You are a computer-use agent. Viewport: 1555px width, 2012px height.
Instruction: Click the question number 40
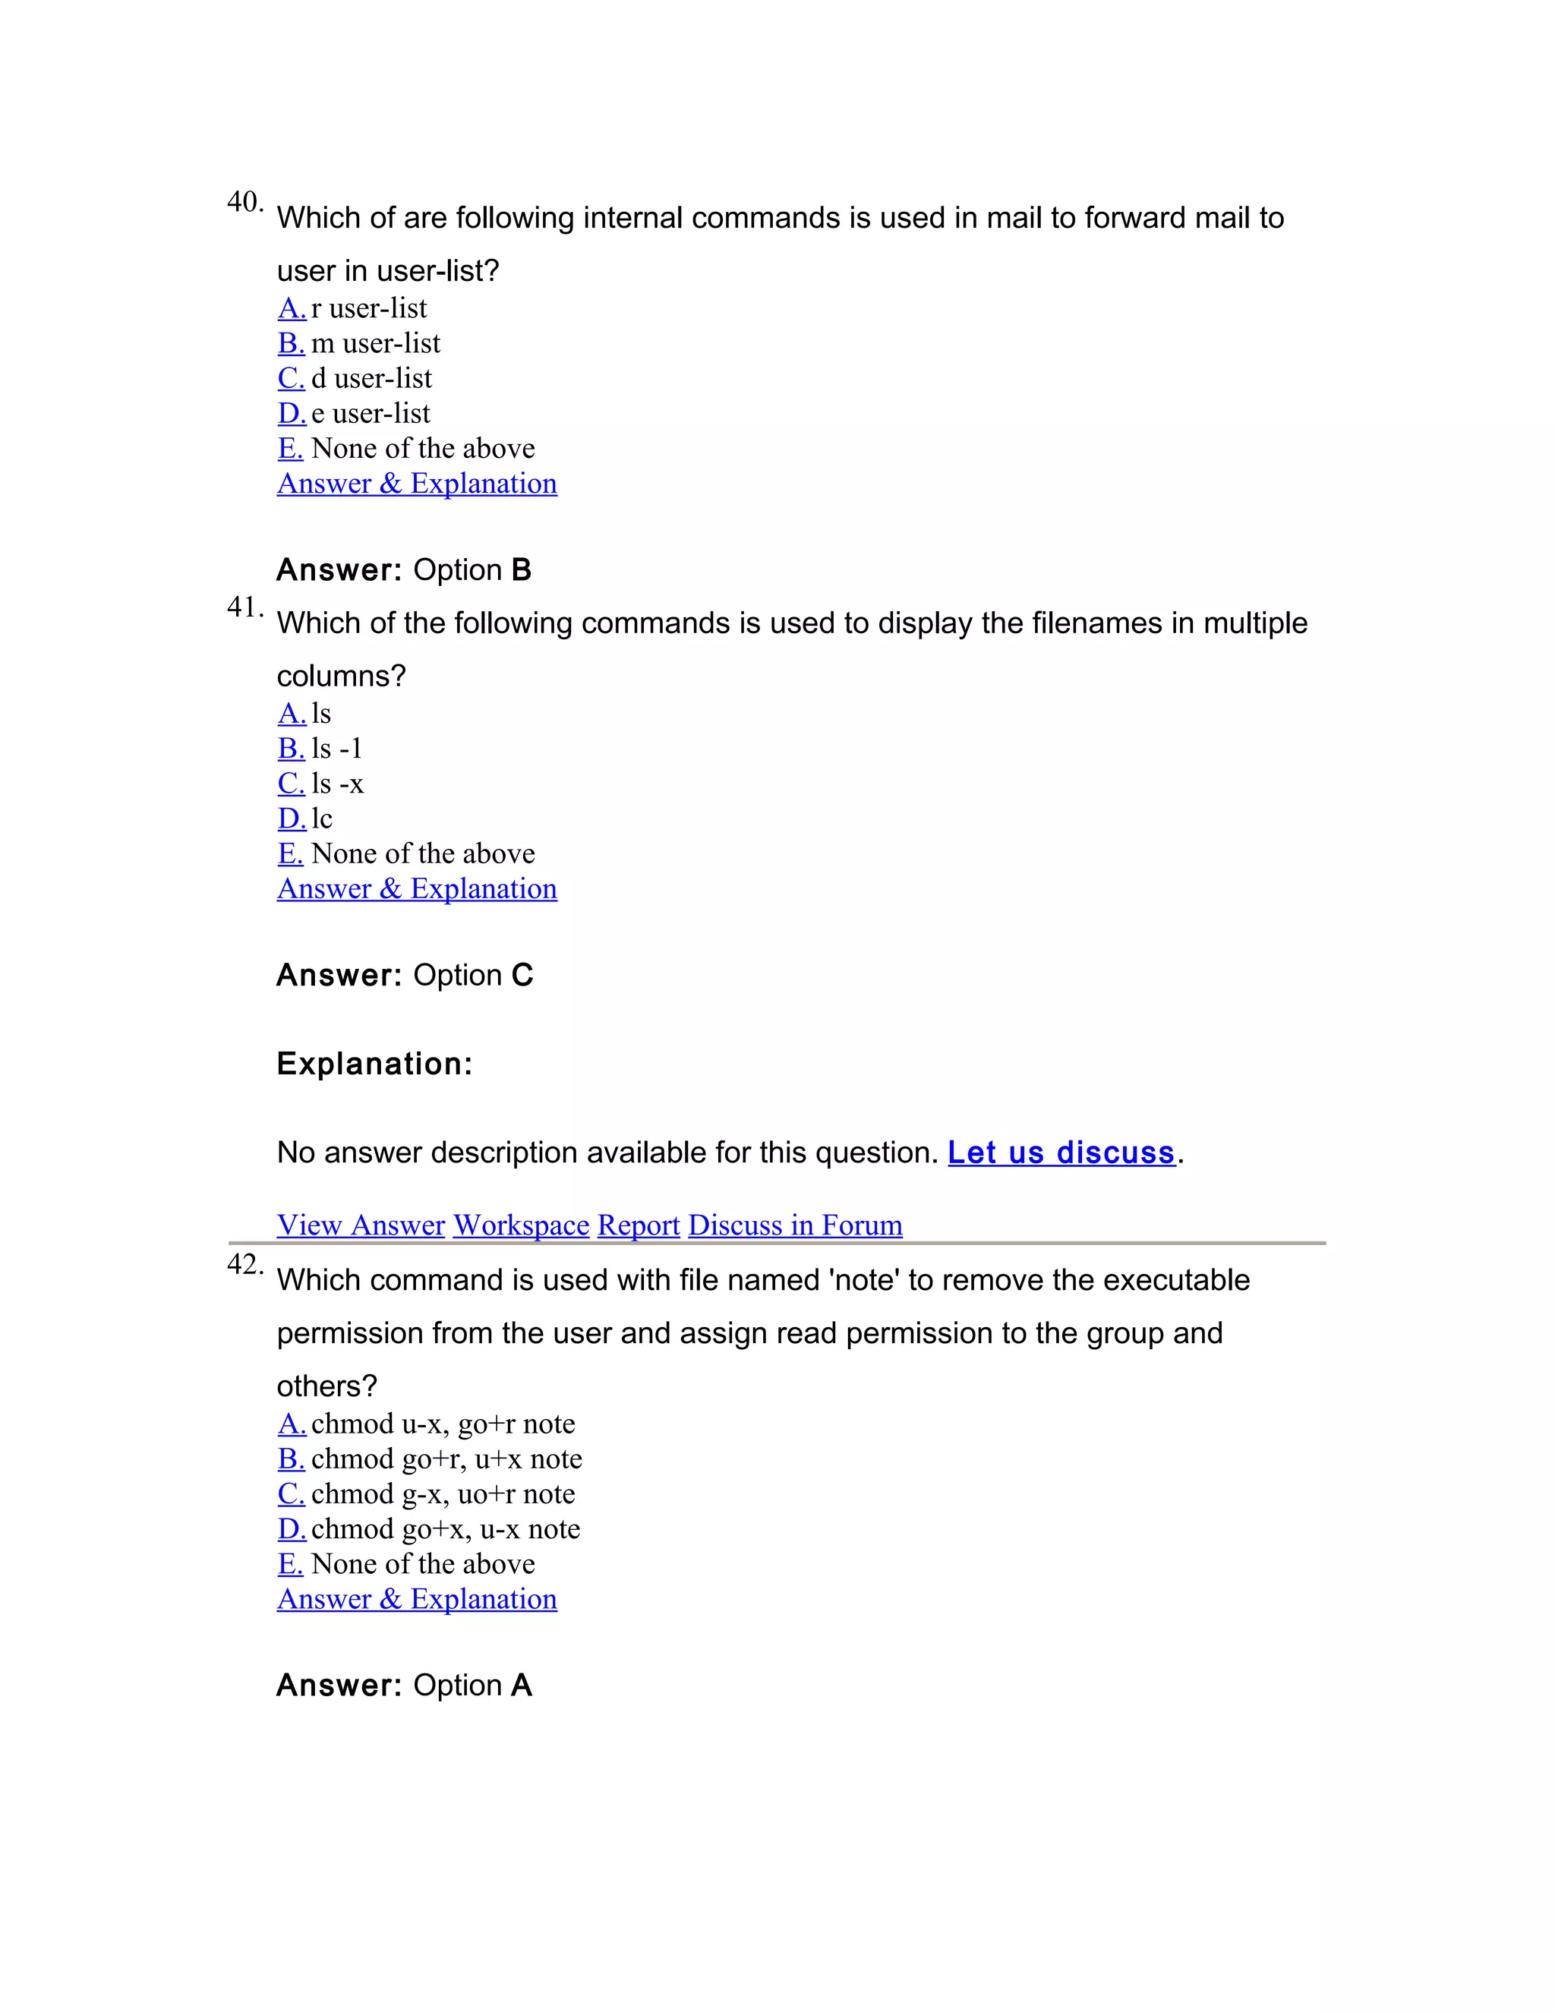point(244,202)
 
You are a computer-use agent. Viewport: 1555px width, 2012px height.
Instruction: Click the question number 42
point(244,1264)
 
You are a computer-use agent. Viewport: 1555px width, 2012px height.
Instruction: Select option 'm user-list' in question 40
point(375,344)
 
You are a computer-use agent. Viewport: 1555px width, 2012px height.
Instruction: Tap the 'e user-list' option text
point(371,414)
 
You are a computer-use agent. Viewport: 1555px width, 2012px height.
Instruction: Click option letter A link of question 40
point(291,308)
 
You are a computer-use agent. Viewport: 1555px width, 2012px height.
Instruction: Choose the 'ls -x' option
point(337,784)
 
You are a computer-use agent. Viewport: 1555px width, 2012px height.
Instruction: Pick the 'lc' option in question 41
point(321,819)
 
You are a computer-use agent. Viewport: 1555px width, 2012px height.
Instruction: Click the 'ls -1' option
point(337,749)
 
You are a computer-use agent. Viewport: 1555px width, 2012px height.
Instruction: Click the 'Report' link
point(639,1225)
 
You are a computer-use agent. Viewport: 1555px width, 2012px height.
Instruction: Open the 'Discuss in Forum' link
point(795,1225)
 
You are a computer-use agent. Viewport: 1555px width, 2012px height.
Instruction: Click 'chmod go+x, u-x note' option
point(445,1529)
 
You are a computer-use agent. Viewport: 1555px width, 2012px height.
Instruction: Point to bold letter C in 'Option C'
point(522,976)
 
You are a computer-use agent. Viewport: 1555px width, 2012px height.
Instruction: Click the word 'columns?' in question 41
point(341,676)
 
